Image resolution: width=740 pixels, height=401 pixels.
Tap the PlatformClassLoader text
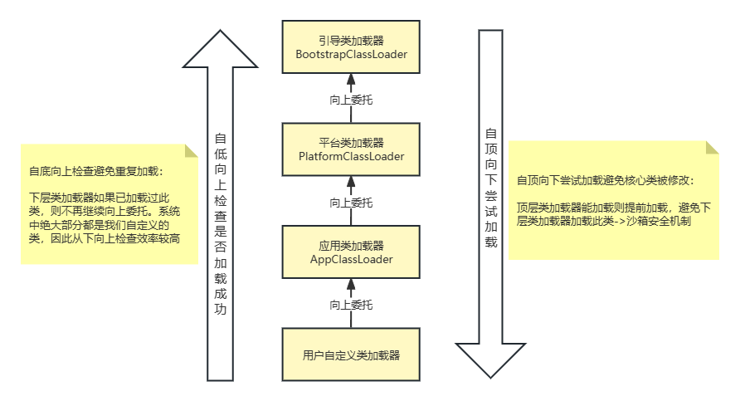click(x=350, y=157)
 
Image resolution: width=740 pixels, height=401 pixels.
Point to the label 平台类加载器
click(x=350, y=142)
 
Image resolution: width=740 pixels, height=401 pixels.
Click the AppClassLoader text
click(x=350, y=259)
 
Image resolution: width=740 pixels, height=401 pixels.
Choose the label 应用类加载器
click(x=350, y=245)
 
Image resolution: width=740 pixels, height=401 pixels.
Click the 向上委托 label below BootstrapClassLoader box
click(x=350, y=100)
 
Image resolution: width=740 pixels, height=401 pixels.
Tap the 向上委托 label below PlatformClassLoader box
click(x=350, y=202)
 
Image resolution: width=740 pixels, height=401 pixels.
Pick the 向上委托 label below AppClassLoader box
click(x=350, y=305)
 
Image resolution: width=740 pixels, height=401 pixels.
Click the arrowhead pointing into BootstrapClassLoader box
click(x=350, y=77)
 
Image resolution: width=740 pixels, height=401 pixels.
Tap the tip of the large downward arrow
click(x=490, y=375)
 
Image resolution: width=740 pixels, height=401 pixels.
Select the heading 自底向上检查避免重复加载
click(x=95, y=172)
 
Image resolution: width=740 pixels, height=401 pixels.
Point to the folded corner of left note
click(x=192, y=151)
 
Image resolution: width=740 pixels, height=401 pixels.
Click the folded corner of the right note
click(x=712, y=148)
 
